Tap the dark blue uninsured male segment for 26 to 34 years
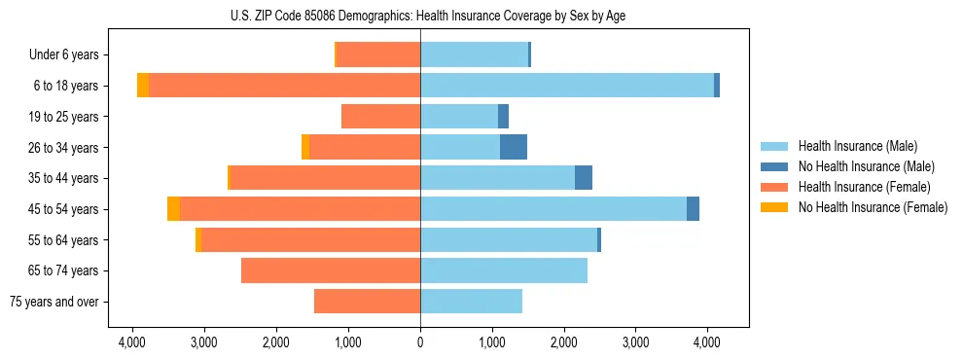coord(514,147)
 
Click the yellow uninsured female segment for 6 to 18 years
coord(143,86)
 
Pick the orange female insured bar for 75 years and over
coord(367,302)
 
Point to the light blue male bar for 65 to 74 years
coord(504,270)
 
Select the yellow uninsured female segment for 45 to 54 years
coord(173,209)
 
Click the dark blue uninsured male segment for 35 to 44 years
coord(584,178)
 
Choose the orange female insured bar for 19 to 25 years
coord(380,117)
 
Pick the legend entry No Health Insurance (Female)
coord(872,207)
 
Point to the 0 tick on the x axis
coord(420,342)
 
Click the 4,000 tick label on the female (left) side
coord(132,342)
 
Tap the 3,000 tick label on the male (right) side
coord(635,342)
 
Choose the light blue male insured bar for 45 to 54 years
coord(553,209)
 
